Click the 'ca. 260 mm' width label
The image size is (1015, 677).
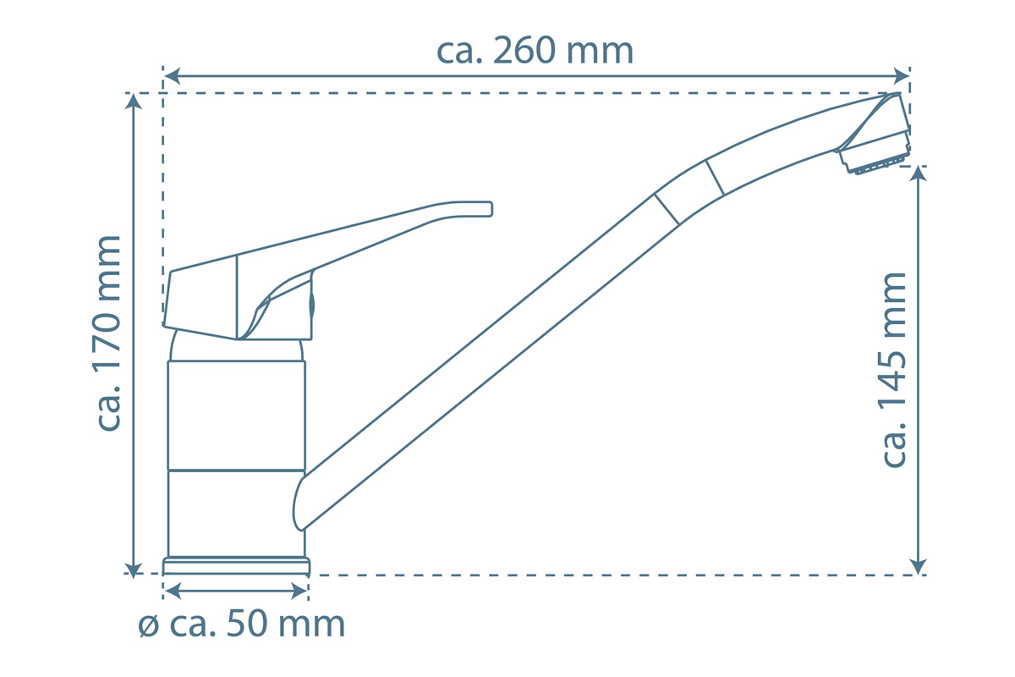tap(535, 51)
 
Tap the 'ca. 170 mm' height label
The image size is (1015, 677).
tap(109, 333)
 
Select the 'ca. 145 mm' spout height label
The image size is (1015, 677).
tap(895, 370)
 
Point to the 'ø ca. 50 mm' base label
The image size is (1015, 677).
tap(242, 625)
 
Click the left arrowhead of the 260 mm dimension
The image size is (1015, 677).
tap(173, 76)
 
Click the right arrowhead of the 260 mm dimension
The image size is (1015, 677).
tap(901, 75)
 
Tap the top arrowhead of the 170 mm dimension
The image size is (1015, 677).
tap(134, 102)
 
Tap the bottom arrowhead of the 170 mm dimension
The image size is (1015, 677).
tap(134, 571)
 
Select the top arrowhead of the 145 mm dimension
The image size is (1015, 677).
tap(918, 174)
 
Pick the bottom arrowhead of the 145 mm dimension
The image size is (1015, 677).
tap(918, 566)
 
